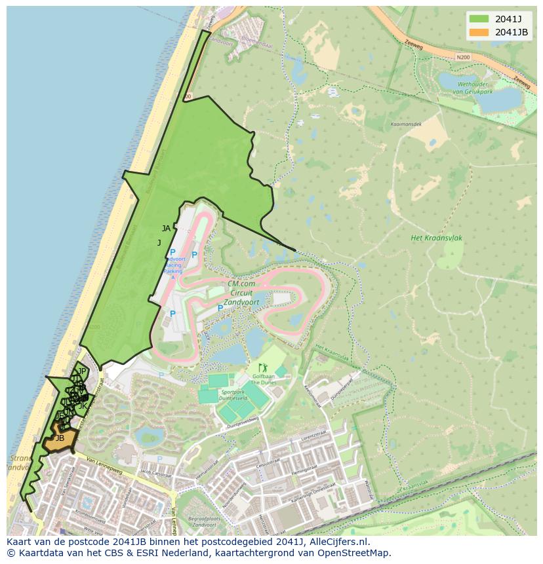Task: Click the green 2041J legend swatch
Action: (479, 18)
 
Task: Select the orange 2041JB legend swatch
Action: (479, 32)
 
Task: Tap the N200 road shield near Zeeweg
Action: (464, 58)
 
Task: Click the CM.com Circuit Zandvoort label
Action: (241, 293)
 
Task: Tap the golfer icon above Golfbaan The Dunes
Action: (263, 368)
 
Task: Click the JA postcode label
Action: (166, 229)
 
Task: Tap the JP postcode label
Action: (82, 371)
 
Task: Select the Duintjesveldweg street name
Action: (243, 426)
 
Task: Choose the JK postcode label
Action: (83, 406)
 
